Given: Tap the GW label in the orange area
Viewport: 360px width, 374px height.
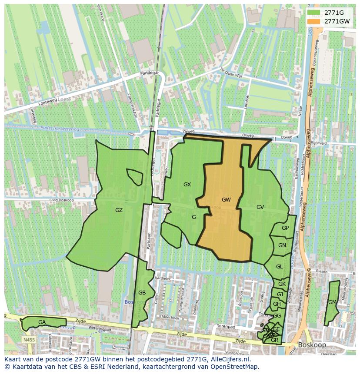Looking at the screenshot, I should (226, 200).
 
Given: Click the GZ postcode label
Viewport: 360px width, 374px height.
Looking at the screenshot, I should (119, 210).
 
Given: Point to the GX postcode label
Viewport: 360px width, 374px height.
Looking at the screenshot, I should (187, 185).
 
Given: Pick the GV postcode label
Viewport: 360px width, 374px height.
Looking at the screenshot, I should (260, 207).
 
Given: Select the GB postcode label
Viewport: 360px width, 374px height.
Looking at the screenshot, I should (142, 293).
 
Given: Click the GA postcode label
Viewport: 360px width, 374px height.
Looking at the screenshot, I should (42, 322).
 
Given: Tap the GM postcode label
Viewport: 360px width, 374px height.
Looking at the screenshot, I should (332, 302).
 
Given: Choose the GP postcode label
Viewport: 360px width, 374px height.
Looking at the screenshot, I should (285, 228).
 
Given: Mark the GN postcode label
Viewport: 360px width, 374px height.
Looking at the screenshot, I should (282, 245).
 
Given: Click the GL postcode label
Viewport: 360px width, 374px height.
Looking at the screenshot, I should (279, 267).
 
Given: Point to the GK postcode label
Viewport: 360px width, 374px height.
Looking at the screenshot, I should (282, 284).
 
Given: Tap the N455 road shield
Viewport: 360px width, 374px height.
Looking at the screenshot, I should (29, 340).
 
